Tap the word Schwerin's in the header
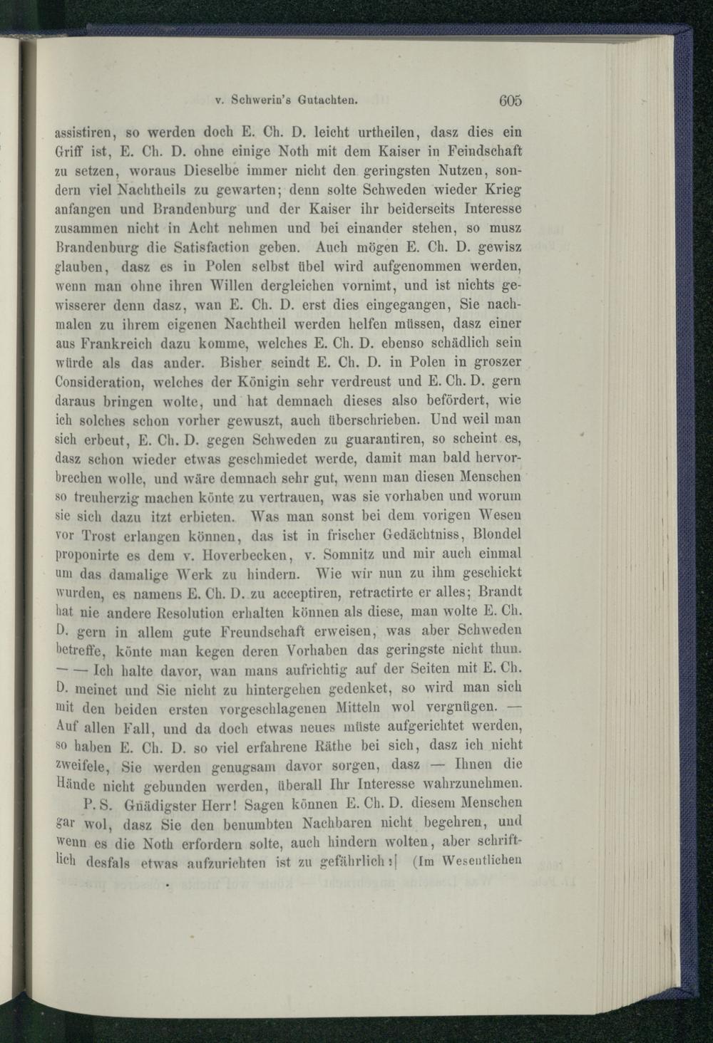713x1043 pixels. (x=263, y=101)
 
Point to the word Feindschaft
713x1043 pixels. (x=487, y=150)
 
